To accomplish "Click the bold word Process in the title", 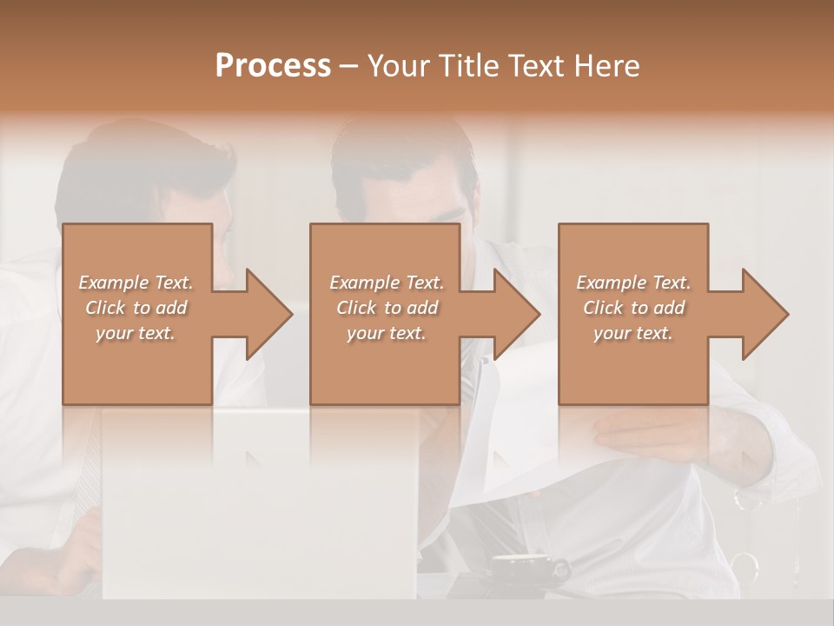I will (x=273, y=66).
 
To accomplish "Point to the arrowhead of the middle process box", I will (x=515, y=314).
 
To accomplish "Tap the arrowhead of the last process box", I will (x=764, y=314).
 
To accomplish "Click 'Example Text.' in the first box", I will (x=136, y=283).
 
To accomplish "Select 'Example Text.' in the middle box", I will (x=387, y=283).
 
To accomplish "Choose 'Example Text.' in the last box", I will (x=633, y=283).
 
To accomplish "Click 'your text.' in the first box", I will (x=136, y=333).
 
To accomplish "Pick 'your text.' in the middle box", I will (x=387, y=333).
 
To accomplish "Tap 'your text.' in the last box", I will (x=633, y=333).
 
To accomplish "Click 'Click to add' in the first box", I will (x=136, y=308).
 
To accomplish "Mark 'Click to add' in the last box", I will (x=633, y=308).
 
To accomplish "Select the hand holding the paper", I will (x=660, y=435).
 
